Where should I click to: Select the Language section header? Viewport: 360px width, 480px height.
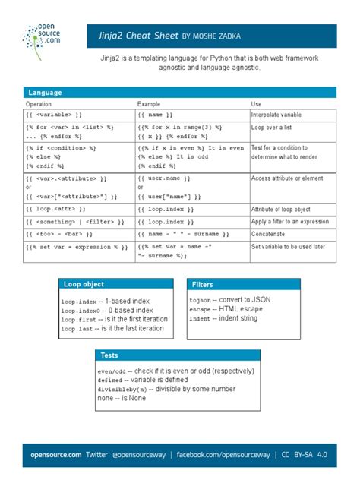[x=46, y=92]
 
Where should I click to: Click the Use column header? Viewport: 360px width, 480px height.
[x=257, y=103]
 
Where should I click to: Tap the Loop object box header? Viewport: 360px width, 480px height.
[x=84, y=285]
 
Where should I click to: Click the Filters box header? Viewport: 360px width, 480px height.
[x=203, y=285]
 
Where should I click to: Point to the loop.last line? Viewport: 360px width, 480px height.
[x=114, y=330]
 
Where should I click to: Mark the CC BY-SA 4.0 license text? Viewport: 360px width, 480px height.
[x=305, y=454]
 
